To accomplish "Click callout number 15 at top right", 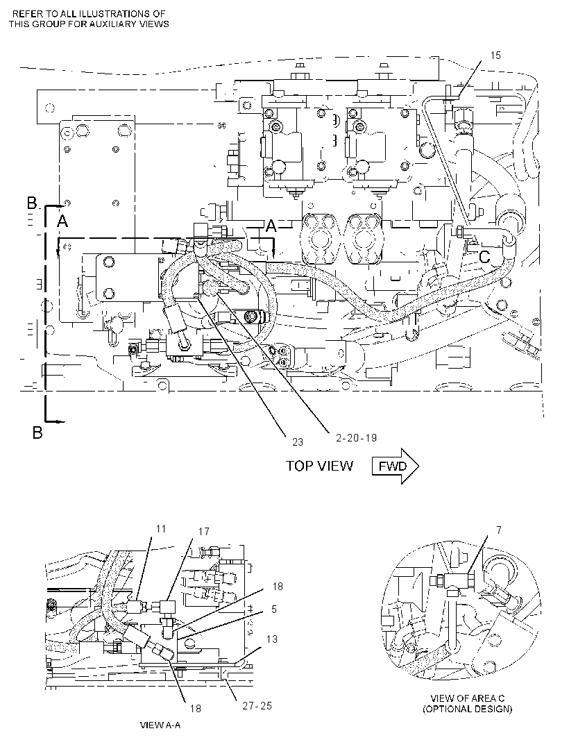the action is tap(495, 56).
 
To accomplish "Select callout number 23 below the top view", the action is tap(297, 442).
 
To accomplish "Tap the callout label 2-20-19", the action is tap(356, 437).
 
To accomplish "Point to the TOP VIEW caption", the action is tap(319, 466).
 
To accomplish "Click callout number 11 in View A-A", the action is tap(162, 528).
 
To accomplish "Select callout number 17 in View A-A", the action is tap(203, 532).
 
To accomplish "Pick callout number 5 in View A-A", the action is tap(273, 609).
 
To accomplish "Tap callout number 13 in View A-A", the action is tap(272, 639).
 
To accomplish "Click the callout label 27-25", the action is tap(257, 705).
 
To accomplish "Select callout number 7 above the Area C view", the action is tap(499, 530).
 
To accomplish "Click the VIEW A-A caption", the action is tap(160, 725).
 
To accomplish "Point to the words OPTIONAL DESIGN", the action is tap(467, 709).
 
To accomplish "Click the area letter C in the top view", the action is tap(484, 258).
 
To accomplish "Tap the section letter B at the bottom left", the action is tap(37, 432).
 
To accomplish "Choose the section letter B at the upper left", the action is tap(32, 203).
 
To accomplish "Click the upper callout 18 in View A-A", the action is tap(278, 586).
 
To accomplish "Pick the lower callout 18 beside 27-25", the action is tap(195, 708).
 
